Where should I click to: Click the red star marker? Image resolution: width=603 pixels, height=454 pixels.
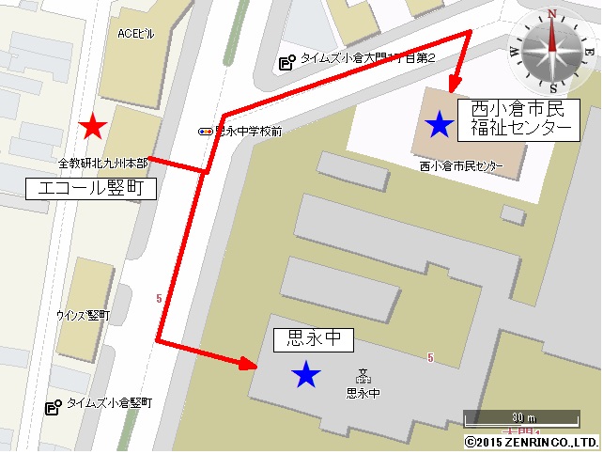click(91, 127)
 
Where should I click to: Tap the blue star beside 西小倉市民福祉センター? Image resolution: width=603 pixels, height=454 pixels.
click(438, 122)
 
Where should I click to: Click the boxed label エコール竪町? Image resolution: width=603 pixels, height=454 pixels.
click(90, 188)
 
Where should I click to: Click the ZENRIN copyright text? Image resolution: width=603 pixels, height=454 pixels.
click(531, 441)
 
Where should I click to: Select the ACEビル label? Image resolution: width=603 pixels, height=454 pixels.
click(135, 34)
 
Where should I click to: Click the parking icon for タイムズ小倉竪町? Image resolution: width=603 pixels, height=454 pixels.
click(54, 406)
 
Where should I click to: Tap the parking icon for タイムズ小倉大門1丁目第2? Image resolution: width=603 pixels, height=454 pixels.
click(287, 63)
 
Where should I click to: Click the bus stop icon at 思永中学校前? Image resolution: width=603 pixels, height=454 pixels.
click(205, 132)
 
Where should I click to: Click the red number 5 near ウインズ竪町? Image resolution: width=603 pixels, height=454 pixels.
click(160, 298)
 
